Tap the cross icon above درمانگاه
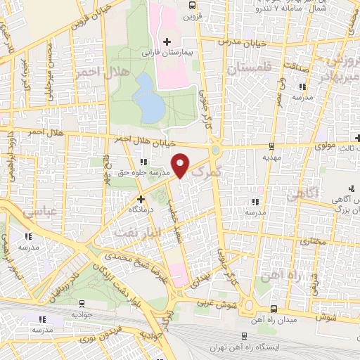click(x=141, y=199)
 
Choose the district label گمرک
click(x=207, y=172)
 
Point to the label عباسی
click(x=27, y=217)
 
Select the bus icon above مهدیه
click(x=272, y=146)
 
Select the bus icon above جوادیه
click(x=82, y=304)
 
